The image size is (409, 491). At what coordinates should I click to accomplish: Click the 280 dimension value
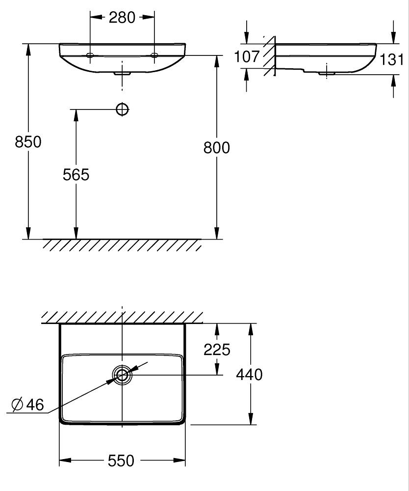tap(122, 18)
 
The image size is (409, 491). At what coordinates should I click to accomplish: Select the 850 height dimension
tap(28, 142)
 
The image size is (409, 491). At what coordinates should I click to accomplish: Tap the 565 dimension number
tap(76, 174)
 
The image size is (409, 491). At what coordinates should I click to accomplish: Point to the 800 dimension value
tap(216, 147)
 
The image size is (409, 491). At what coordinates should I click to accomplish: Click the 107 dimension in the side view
tap(247, 56)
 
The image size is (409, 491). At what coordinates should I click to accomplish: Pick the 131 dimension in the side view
tap(392, 59)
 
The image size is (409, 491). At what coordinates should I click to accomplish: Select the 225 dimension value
tap(217, 350)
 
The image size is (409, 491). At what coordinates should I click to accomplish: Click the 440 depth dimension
tap(249, 374)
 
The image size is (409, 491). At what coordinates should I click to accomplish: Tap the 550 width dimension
tap(121, 461)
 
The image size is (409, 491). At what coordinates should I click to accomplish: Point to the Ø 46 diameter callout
tap(27, 405)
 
